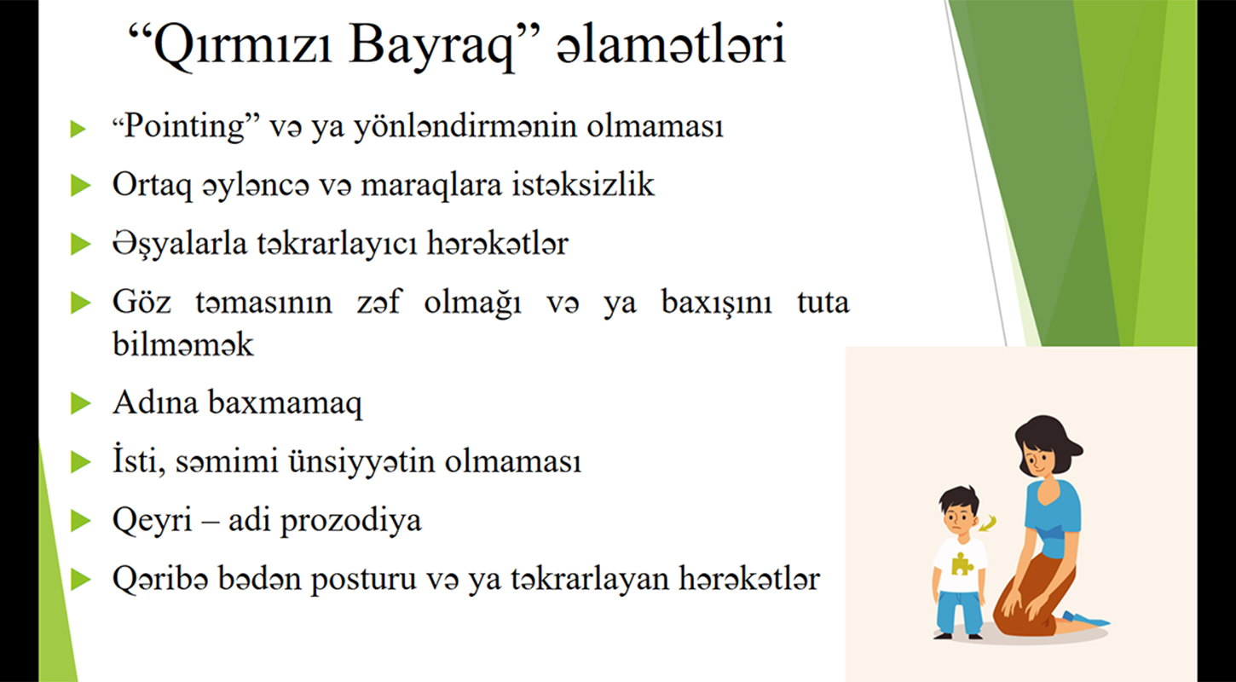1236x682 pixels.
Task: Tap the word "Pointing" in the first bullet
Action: [186, 127]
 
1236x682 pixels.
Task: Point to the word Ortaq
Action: [153, 185]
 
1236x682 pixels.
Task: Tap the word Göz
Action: [142, 303]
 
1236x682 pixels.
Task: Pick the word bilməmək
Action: [183, 344]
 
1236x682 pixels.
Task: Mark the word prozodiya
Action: [351, 521]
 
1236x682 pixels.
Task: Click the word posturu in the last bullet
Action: [363, 580]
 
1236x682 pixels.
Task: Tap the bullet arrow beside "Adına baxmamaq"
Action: [81, 403]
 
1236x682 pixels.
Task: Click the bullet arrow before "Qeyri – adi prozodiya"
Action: [81, 521]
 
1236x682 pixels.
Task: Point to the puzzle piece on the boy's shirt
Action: [962, 564]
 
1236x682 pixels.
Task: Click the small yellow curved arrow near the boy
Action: [989, 523]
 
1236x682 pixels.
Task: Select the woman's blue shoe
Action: [1086, 619]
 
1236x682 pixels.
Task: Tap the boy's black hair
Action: [959, 500]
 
